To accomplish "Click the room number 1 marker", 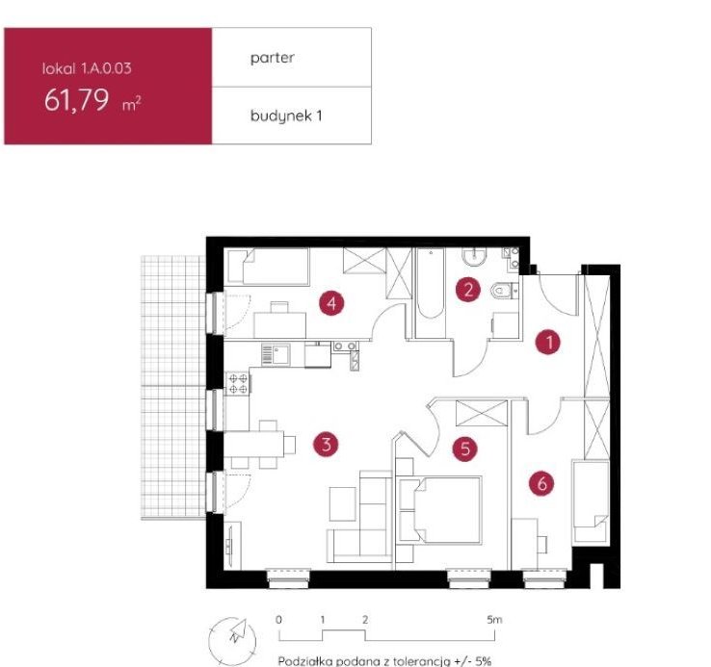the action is (x=548, y=342).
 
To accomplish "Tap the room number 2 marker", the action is (x=468, y=289).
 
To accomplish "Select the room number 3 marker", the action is (x=326, y=444).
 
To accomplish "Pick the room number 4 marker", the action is (x=331, y=302).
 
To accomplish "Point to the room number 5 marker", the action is (x=465, y=449).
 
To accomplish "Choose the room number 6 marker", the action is (x=541, y=483).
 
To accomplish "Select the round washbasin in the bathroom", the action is (x=474, y=256).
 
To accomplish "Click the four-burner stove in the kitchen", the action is (x=238, y=383).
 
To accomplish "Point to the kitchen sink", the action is (x=276, y=354).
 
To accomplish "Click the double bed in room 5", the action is (x=440, y=510).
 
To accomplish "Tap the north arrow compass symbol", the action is (x=232, y=640).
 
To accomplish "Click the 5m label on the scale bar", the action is (x=494, y=620).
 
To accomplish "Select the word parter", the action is (x=273, y=58).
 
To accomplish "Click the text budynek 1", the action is (x=286, y=116).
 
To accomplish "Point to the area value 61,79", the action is (x=76, y=100).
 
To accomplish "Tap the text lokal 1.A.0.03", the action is (x=87, y=68).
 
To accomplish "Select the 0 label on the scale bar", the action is (x=278, y=620).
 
